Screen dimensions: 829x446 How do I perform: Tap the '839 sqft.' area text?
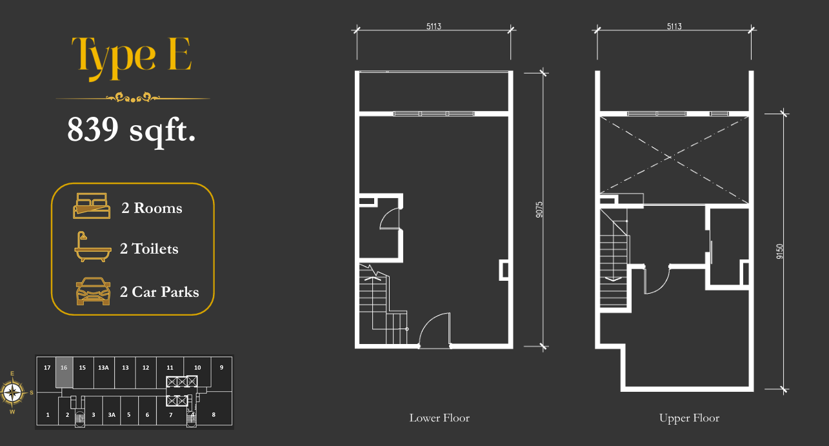(x=131, y=130)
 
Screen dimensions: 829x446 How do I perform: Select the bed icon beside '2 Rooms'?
(x=92, y=206)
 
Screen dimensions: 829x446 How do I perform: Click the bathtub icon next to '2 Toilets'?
(x=92, y=247)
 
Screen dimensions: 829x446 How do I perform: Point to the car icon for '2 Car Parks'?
(x=93, y=291)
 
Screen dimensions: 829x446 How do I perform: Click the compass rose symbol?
(x=13, y=392)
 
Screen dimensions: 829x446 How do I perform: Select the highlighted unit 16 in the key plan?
(x=64, y=372)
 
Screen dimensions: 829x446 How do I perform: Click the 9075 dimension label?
(x=539, y=210)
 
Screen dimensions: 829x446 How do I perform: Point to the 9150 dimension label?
(x=779, y=251)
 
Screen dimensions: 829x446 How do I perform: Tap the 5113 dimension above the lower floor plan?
(x=434, y=26)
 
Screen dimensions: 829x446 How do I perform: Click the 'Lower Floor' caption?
(x=439, y=418)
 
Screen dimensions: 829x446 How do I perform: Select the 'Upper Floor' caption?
(x=689, y=418)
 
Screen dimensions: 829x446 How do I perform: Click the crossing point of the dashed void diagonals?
(x=670, y=157)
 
